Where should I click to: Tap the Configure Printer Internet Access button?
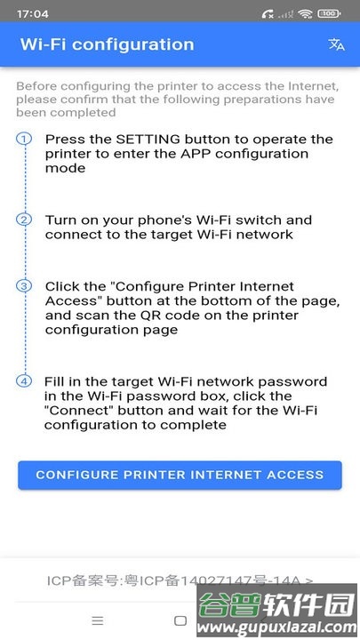180,475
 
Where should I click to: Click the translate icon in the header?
336,44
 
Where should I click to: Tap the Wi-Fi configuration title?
107,44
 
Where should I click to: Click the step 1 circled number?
25,140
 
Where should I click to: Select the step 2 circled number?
25,220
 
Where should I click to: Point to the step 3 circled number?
25,286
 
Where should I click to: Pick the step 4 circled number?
25,381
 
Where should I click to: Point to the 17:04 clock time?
32,14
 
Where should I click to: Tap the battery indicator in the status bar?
329,14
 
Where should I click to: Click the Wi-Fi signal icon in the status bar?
306,14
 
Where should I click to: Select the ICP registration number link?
180,580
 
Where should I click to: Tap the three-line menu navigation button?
98,620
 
